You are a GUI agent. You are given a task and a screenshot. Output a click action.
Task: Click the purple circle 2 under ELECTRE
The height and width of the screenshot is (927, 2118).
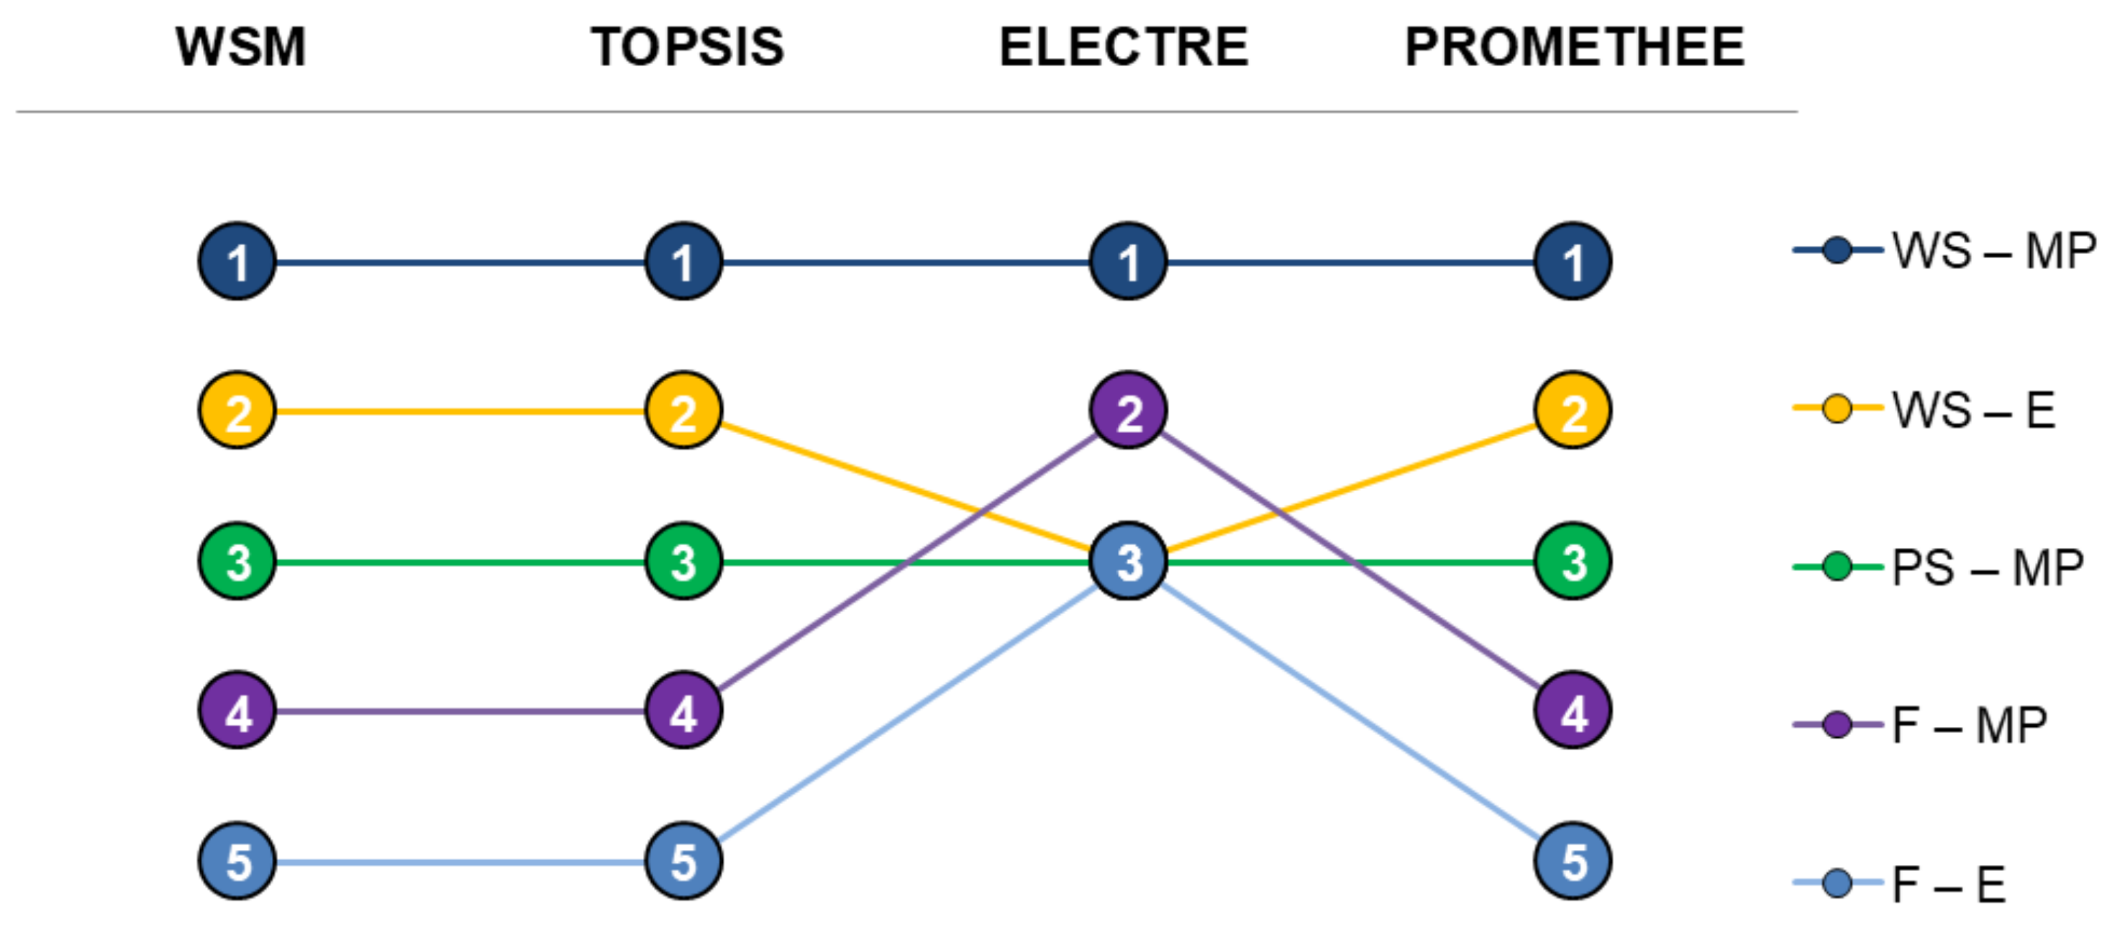pyautogui.click(x=1128, y=410)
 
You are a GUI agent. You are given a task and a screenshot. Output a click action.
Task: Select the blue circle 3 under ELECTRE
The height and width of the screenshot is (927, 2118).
pyautogui.click(x=1128, y=561)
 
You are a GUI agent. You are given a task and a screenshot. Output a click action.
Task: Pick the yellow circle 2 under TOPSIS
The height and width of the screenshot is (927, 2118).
pyautogui.click(x=683, y=410)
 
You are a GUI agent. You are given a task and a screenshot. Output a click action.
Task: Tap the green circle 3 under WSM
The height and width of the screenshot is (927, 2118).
pyautogui.click(x=237, y=561)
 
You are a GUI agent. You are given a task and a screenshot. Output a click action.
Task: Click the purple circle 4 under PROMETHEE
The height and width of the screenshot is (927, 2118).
pyautogui.click(x=1572, y=711)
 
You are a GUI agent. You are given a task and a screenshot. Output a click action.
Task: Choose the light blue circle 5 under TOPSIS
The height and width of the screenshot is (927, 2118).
pyautogui.click(x=683, y=861)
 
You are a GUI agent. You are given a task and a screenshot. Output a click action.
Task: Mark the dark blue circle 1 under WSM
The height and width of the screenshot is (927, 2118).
pyautogui.click(x=237, y=261)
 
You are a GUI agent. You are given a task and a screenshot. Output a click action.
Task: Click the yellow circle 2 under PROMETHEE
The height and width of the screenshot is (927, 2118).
pyautogui.click(x=1572, y=410)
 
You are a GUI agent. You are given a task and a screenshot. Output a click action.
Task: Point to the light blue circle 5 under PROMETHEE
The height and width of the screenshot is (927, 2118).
pyautogui.click(x=1572, y=861)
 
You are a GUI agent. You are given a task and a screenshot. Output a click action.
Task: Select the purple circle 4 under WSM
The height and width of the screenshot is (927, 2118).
pyautogui.click(x=237, y=711)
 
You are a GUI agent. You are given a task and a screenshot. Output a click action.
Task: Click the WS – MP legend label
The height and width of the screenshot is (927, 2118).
pyautogui.click(x=1993, y=251)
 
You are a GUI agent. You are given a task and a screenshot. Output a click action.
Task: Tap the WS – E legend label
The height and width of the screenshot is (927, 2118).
pyautogui.click(x=1973, y=409)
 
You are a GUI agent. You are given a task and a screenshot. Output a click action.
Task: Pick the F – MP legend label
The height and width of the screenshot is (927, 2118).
pyautogui.click(x=1969, y=726)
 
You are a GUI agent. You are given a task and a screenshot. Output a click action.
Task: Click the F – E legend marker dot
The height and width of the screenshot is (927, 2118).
pyautogui.click(x=1837, y=884)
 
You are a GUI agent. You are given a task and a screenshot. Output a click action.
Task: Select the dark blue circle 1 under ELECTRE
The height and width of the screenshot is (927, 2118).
pyautogui.click(x=1128, y=261)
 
